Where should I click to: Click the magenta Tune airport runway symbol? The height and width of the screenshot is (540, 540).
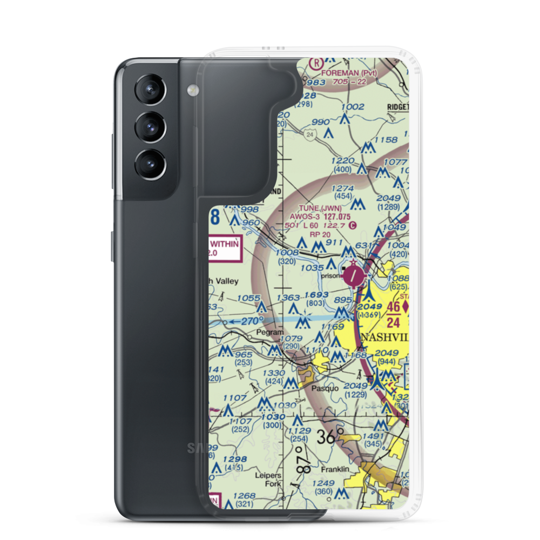353,277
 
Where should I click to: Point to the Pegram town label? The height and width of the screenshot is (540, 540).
269,333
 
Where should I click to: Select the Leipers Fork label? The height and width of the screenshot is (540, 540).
268,480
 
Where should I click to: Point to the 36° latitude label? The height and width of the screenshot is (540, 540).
330,436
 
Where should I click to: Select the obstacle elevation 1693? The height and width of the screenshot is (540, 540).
316,295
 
